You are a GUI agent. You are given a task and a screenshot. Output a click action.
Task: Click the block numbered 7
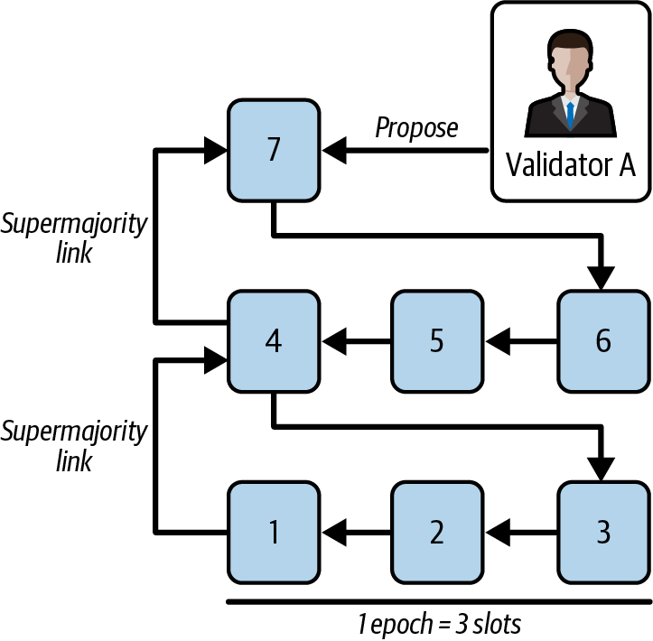[x=273, y=150]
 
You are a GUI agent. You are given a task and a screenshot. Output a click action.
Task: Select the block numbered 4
[x=273, y=341]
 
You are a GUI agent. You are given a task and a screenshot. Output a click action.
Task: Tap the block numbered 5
[x=437, y=341]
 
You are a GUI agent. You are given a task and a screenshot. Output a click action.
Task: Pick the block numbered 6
[x=602, y=341]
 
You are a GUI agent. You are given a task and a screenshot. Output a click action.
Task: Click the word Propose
[x=416, y=128]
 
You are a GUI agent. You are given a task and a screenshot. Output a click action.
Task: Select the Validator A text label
[x=570, y=165]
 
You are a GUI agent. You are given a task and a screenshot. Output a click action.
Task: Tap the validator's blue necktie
[x=570, y=114]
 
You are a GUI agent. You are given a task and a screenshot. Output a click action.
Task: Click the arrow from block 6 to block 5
[x=522, y=341]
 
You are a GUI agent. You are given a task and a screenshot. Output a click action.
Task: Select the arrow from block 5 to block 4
[x=356, y=341]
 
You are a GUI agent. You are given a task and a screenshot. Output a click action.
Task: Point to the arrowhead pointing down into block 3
[x=602, y=466]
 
